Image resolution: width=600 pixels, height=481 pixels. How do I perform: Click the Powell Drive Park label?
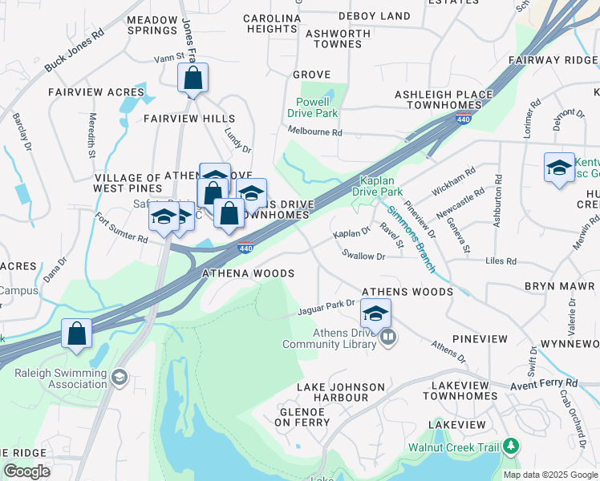[x=313, y=107]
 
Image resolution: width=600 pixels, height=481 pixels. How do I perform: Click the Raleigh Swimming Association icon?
[x=120, y=376]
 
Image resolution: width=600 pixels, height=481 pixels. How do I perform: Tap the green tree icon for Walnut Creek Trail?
[x=510, y=447]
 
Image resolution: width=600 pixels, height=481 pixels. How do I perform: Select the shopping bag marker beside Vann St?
[x=193, y=79]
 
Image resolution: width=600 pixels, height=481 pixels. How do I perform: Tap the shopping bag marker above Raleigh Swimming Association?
[x=75, y=336]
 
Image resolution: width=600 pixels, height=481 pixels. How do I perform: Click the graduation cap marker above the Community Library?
[x=375, y=313]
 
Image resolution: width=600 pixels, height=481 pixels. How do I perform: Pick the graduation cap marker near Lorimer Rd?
[x=559, y=168]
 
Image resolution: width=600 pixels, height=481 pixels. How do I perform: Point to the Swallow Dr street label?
[x=363, y=257]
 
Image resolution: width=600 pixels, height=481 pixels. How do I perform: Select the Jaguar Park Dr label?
[x=326, y=306]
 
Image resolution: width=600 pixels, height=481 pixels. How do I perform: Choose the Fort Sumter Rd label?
[x=121, y=228]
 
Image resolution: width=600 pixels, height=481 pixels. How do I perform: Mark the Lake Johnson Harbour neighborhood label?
[x=332, y=392]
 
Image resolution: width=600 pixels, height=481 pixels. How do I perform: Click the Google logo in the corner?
[x=26, y=471]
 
